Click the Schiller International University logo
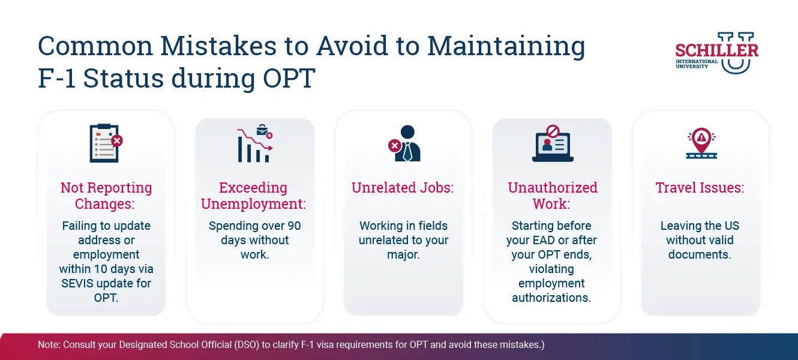tap(717, 52)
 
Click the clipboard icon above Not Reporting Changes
tap(106, 143)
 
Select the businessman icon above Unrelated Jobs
tap(404, 143)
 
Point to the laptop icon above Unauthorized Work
tap(553, 143)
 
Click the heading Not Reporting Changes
tap(106, 196)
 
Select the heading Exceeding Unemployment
tap(253, 196)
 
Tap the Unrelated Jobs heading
tap(403, 188)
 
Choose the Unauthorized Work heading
tap(553, 196)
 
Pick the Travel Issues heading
tap(700, 188)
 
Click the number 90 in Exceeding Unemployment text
tap(292, 226)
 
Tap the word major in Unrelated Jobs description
tap(403, 254)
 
